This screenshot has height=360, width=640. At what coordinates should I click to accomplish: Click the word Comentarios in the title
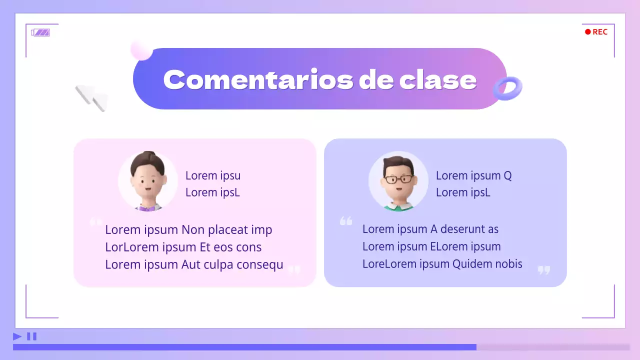pyautogui.click(x=257, y=79)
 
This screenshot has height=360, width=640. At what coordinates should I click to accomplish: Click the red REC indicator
pyautogui.click(x=596, y=32)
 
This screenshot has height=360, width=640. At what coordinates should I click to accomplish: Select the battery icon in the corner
pyautogui.click(x=40, y=32)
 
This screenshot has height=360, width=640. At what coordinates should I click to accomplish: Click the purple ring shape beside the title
pyautogui.click(x=507, y=88)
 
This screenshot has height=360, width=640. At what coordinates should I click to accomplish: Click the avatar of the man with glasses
pyautogui.click(x=398, y=181)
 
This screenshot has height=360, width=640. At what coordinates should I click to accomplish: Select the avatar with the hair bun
pyautogui.click(x=148, y=181)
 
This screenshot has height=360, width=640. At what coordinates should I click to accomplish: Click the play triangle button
pyautogui.click(x=17, y=336)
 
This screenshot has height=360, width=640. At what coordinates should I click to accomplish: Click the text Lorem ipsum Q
pyautogui.click(x=473, y=175)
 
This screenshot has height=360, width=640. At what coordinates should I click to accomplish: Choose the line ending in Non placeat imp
pyautogui.click(x=188, y=230)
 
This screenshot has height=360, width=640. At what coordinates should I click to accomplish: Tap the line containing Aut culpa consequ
pyautogui.click(x=194, y=264)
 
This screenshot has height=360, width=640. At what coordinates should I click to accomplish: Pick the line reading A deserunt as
pyautogui.click(x=430, y=229)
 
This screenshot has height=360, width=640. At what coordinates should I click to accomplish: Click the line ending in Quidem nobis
pyautogui.click(x=442, y=264)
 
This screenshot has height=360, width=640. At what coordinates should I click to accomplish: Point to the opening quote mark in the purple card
pyautogui.click(x=346, y=221)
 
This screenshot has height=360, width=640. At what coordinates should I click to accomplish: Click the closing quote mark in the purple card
pyautogui.click(x=543, y=270)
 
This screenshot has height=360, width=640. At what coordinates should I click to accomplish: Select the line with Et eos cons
pyautogui.click(x=183, y=247)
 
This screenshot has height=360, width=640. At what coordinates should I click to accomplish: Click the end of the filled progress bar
pyautogui.click(x=476, y=347)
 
